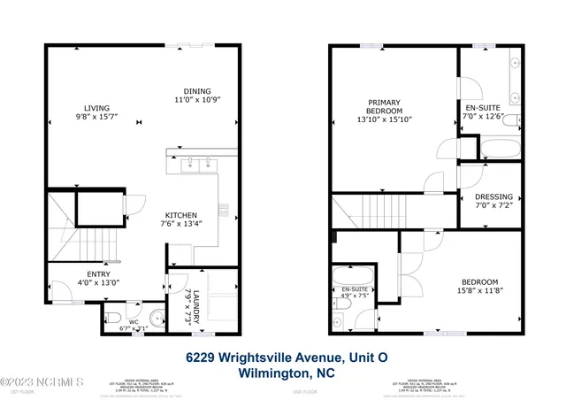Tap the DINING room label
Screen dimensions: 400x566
197,90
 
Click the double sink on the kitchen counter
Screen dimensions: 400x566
199,163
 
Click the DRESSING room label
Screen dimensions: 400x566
493,197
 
